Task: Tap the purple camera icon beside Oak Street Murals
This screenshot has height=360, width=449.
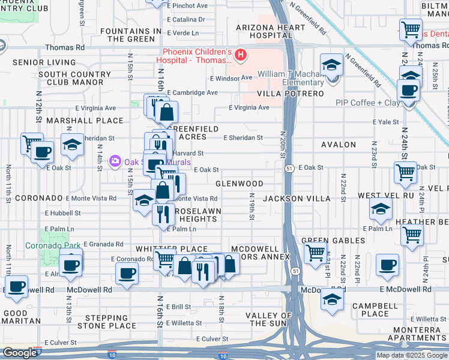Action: (114, 161)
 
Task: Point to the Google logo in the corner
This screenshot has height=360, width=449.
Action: (19, 353)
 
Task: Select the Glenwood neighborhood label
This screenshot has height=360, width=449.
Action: (239, 184)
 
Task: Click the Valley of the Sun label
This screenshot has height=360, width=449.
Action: (268, 319)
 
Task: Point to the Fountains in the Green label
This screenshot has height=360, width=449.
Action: (131, 35)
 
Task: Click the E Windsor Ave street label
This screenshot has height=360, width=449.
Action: (231, 78)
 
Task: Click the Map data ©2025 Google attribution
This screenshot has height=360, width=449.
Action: (412, 355)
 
